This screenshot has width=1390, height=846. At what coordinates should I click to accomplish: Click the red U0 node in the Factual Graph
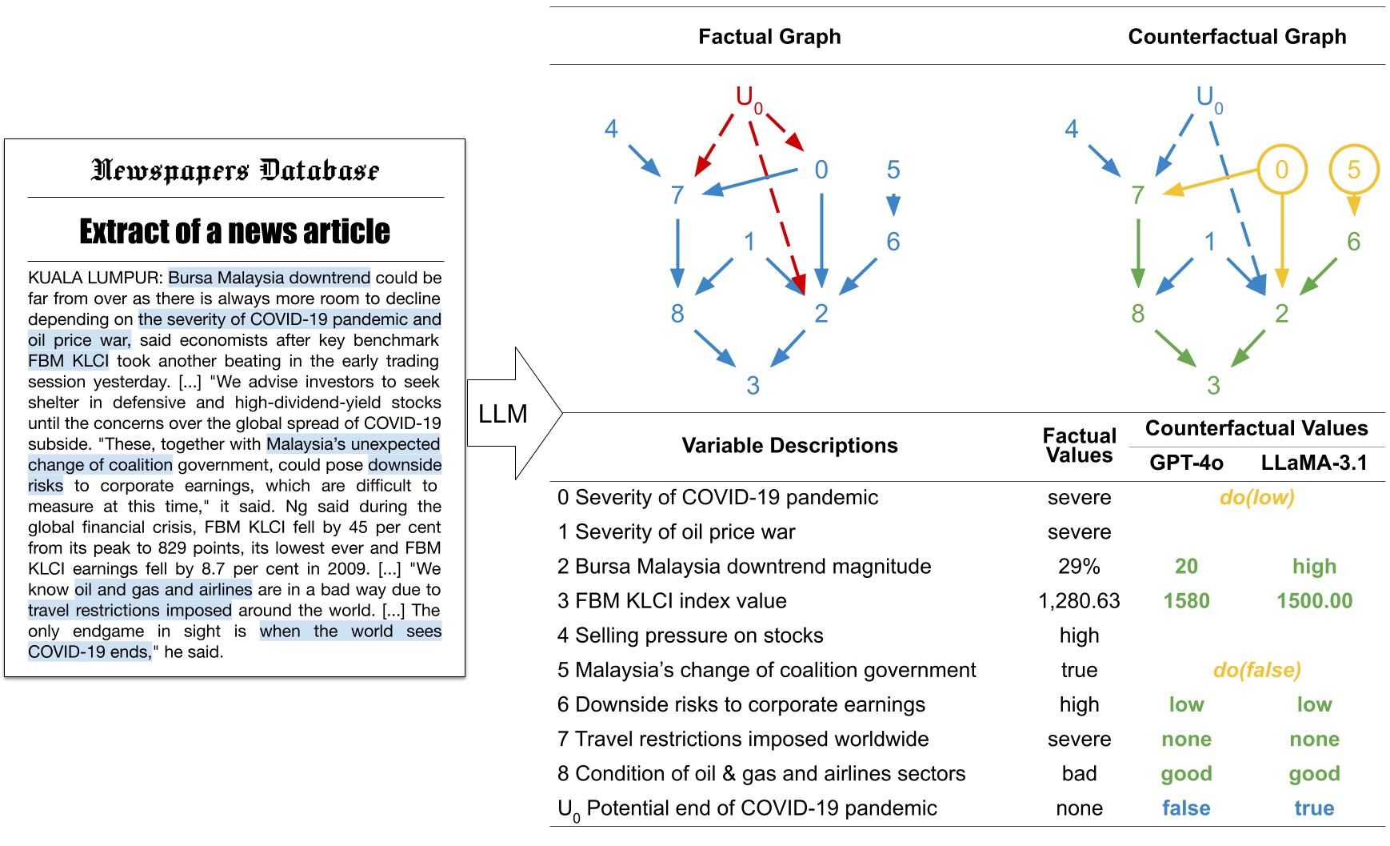tap(749, 99)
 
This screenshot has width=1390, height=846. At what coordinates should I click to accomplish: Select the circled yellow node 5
tap(1353, 170)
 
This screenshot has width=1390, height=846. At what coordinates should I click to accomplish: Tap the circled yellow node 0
tap(1282, 170)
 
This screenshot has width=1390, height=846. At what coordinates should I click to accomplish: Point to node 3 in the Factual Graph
tap(753, 386)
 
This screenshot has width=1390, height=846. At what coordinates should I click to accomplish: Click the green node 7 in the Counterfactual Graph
tap(1138, 194)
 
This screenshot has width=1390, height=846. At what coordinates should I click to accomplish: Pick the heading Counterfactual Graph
tap(1237, 37)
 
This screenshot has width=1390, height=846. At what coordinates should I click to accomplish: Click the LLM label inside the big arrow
tap(503, 414)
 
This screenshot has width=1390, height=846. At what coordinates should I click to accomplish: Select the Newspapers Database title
tap(235, 170)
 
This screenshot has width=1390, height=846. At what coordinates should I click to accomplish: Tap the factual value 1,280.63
tap(1079, 601)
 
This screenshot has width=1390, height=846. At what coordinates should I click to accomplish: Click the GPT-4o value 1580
tap(1186, 601)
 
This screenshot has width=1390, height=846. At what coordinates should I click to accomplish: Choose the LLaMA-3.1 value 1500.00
tap(1314, 601)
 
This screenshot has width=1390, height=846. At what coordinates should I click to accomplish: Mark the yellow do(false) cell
tap(1257, 670)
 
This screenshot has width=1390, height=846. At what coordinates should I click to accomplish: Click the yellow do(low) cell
tap(1257, 498)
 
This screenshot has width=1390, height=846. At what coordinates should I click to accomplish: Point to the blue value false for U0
tap(1186, 808)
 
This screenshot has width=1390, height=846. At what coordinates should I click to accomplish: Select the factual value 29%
tap(1079, 567)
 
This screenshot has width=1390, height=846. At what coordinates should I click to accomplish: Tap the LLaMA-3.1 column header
tap(1314, 463)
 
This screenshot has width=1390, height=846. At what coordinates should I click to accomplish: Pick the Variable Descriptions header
tap(789, 446)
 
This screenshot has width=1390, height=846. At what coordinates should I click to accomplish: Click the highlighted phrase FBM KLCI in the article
tap(68, 361)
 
